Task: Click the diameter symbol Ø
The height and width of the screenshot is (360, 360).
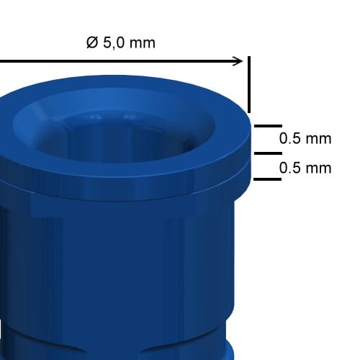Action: (x=92, y=42)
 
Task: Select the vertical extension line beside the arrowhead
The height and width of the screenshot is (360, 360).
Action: (x=249, y=84)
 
